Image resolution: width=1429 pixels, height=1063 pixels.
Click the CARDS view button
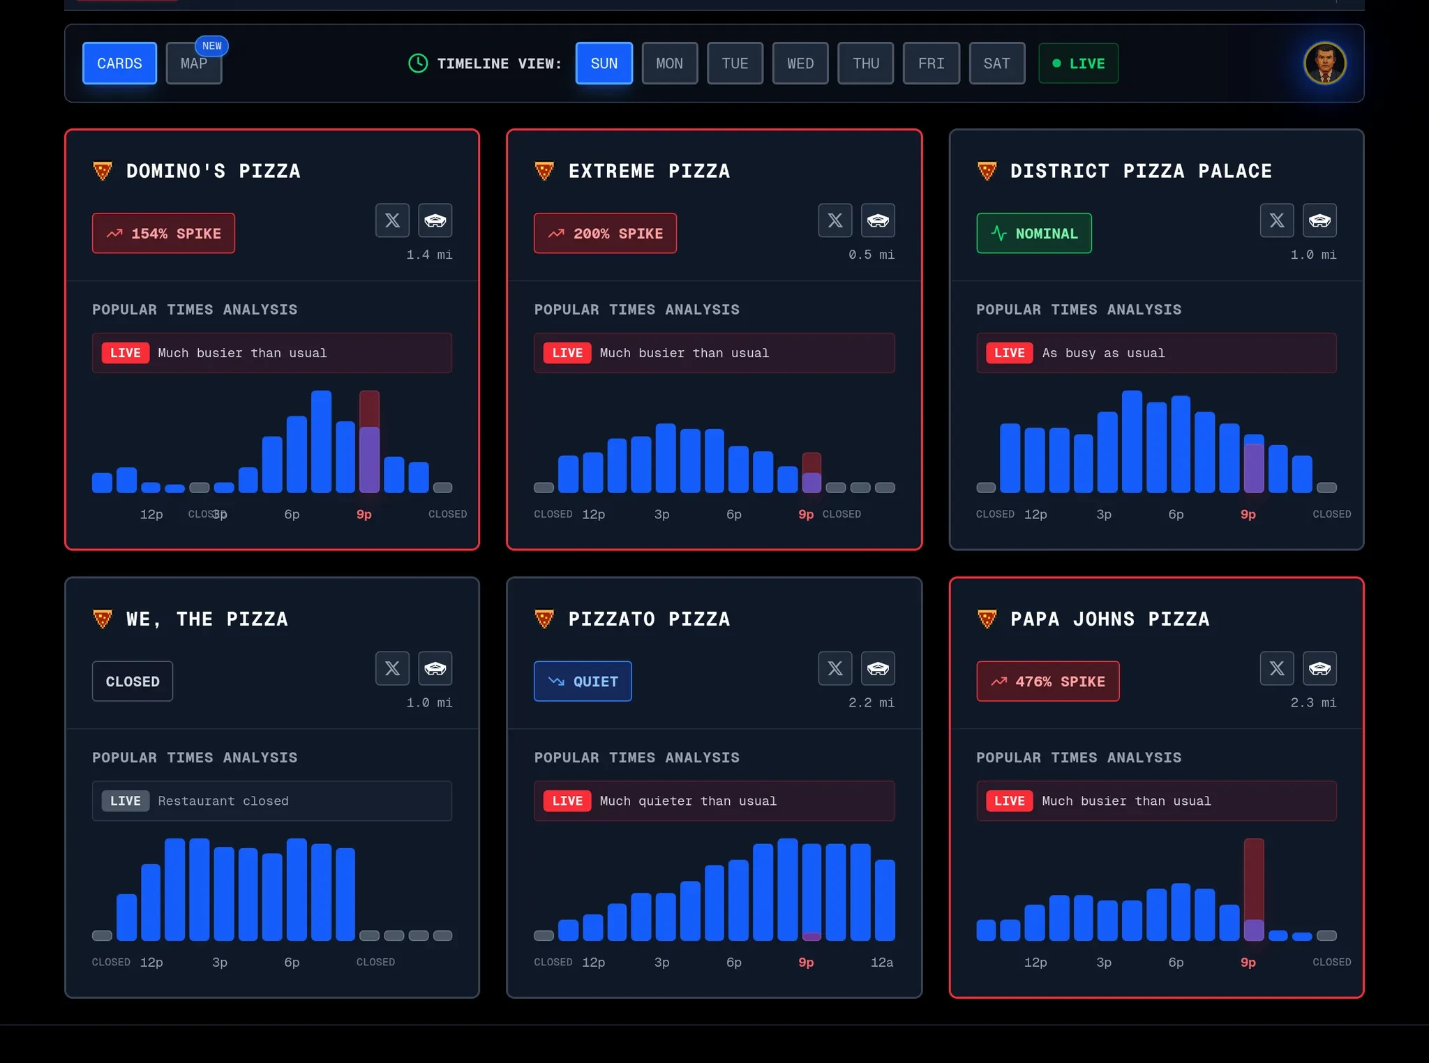click(x=119, y=63)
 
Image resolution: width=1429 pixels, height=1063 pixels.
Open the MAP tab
click(x=193, y=63)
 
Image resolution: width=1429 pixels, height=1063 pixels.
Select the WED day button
click(x=800, y=63)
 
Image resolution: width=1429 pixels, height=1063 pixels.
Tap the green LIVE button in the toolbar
click(x=1078, y=63)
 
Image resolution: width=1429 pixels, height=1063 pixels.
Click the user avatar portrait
click(x=1324, y=63)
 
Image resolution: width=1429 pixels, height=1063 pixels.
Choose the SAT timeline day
click(x=996, y=63)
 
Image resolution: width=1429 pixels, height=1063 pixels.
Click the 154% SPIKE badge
click(x=163, y=234)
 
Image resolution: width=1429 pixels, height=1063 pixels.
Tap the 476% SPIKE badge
click(x=1047, y=681)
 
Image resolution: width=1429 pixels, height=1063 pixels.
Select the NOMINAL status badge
click(x=1033, y=234)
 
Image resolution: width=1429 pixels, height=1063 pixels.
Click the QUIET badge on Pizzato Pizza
click(x=583, y=681)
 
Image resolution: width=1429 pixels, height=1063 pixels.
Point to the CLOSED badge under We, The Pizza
click(x=133, y=681)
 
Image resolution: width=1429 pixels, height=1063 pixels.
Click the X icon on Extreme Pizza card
click(x=835, y=221)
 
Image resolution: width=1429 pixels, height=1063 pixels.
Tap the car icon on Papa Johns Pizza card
click(x=1319, y=669)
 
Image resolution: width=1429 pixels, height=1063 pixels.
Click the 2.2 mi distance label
click(x=871, y=702)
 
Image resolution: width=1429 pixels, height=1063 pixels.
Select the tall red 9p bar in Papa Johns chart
click(x=1253, y=880)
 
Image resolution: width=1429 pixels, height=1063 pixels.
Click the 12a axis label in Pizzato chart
click(x=881, y=963)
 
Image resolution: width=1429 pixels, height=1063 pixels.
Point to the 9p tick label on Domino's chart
click(x=364, y=515)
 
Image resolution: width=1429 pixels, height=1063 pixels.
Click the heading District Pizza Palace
click(x=1141, y=172)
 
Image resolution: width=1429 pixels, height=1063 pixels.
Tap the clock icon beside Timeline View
click(x=417, y=63)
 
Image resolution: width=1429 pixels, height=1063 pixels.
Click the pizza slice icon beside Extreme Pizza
click(x=544, y=171)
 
